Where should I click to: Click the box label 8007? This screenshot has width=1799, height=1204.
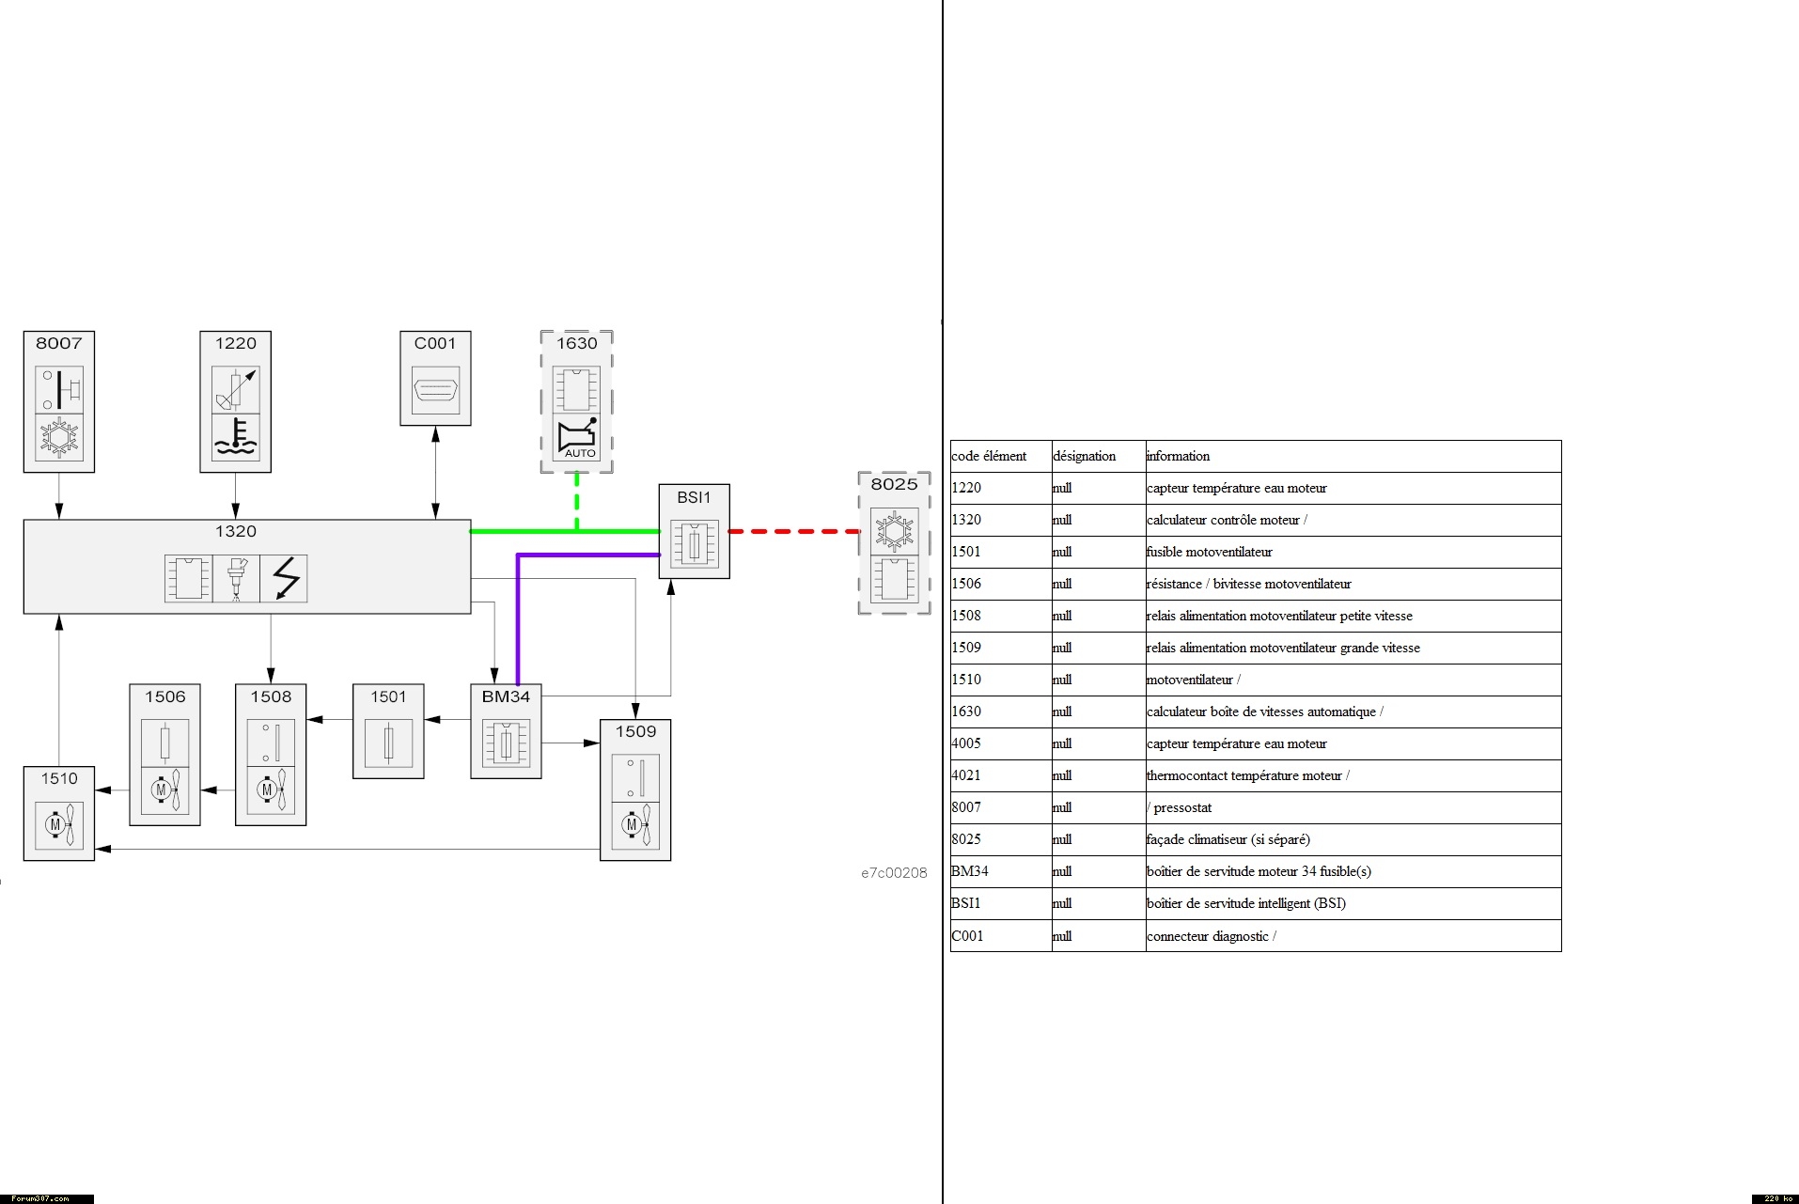pos(58,344)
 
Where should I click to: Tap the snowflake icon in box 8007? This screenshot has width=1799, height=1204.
pos(58,437)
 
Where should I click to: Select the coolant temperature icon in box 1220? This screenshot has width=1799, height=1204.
pos(235,437)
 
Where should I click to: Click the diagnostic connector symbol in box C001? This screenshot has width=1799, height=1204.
pos(435,390)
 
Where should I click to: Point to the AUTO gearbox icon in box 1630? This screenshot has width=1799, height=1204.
pos(576,438)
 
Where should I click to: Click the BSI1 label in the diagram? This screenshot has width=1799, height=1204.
pos(694,498)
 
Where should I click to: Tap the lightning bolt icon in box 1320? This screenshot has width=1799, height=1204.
pos(284,578)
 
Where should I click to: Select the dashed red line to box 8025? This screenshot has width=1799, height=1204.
pos(794,532)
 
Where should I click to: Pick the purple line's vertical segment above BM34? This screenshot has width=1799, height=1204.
pos(518,620)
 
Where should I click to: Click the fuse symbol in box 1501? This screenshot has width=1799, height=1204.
pos(388,743)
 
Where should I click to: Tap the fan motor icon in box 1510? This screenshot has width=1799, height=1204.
pos(59,825)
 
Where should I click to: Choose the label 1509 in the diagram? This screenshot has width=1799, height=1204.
pos(635,732)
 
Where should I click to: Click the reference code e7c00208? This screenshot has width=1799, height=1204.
pos(894,873)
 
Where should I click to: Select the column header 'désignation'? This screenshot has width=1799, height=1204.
pos(1085,457)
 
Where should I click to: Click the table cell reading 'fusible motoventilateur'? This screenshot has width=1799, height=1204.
pos(1210,553)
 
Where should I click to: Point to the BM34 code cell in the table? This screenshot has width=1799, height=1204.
pos(970,872)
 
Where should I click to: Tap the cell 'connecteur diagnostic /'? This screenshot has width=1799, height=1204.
pos(1212,936)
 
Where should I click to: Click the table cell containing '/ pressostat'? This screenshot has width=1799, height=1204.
pos(1180,808)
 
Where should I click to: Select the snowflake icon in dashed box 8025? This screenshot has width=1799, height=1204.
pos(894,531)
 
